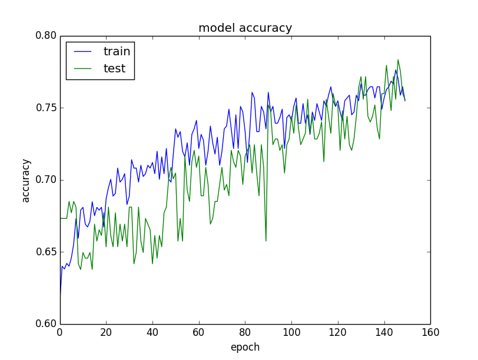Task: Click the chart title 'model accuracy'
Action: [x=245, y=28]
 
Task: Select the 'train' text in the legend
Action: [x=117, y=52]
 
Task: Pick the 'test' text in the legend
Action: [x=114, y=69]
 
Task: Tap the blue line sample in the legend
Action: [x=84, y=52]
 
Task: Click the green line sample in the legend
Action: [x=84, y=69]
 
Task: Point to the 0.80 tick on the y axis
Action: [x=46, y=36]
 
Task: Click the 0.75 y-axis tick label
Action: [x=46, y=108]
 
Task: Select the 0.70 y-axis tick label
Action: [x=46, y=180]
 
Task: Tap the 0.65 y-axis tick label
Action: [x=46, y=252]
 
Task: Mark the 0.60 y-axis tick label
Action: [x=46, y=324]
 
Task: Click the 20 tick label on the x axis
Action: [x=106, y=333]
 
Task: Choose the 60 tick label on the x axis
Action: [x=198, y=333]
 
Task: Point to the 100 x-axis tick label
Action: [x=291, y=333]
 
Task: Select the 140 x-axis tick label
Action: [x=384, y=333]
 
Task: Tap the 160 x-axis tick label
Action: [x=430, y=333]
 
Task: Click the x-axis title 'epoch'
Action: [x=245, y=348]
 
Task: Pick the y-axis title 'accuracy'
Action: [x=26, y=180]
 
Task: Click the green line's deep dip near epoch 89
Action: [x=265, y=241]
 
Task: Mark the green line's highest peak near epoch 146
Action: [x=398, y=59]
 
